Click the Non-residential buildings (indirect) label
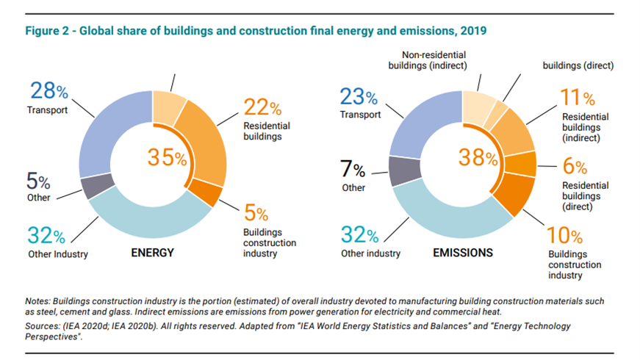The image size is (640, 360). click(427, 60)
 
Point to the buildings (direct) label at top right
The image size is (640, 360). click(578, 65)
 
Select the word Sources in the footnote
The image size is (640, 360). click(42, 325)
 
